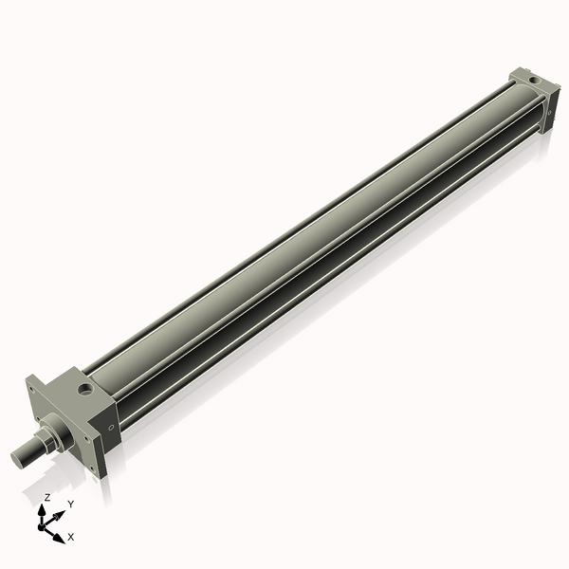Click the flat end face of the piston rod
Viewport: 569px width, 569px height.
[x=18, y=460]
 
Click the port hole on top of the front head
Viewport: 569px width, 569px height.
[x=85, y=388]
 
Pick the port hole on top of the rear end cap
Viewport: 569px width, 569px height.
[x=533, y=79]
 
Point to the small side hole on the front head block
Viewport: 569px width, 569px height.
[x=110, y=428]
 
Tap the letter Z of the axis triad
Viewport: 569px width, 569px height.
[x=47, y=497]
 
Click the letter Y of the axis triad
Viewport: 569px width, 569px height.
[x=71, y=504]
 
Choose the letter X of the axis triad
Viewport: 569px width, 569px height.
[x=71, y=537]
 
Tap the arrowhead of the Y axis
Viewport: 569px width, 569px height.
[x=59, y=514]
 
